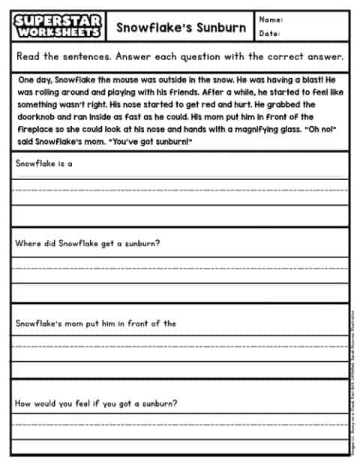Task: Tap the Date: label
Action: click(x=269, y=35)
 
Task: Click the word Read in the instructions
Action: click(x=28, y=56)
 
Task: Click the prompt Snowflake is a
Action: click(x=43, y=162)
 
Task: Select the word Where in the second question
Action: click(x=28, y=243)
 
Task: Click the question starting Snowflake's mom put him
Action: click(x=96, y=323)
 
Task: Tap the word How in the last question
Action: click(x=23, y=403)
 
